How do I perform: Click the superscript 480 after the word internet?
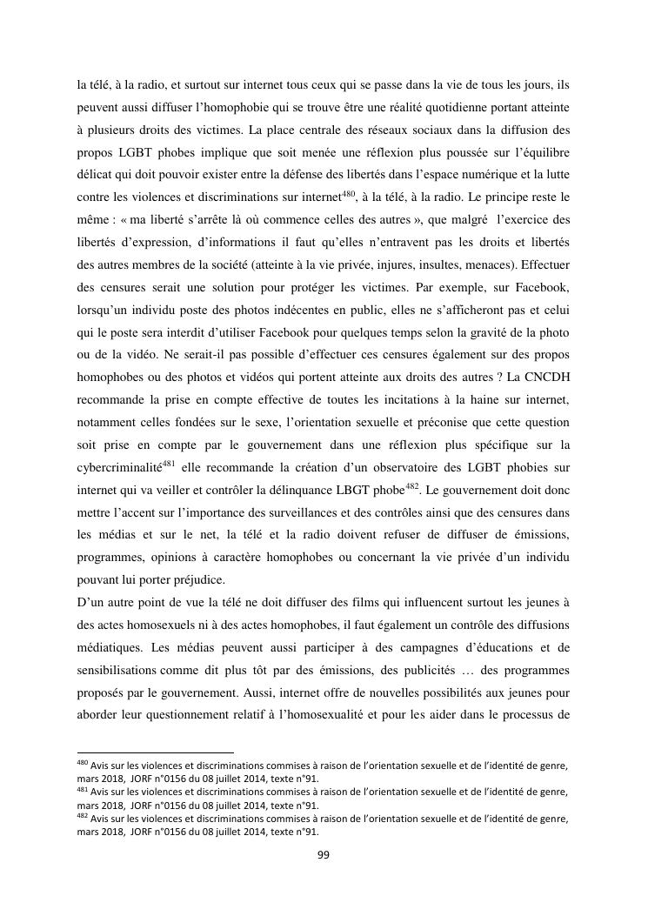350,191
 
